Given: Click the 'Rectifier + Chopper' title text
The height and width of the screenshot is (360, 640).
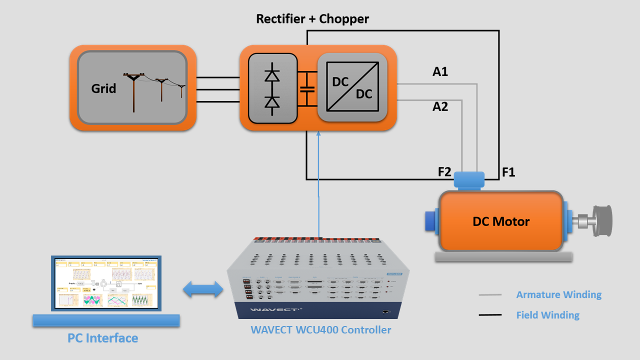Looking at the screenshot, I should (312, 19).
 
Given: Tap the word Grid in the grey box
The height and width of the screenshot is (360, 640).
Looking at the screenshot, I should (103, 88).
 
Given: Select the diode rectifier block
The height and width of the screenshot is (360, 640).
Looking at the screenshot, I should (272, 88).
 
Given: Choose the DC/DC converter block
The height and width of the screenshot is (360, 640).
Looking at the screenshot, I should (352, 87).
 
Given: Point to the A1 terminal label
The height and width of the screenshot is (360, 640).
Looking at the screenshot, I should (440, 72).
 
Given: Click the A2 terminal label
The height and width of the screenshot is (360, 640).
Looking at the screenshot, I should (440, 106).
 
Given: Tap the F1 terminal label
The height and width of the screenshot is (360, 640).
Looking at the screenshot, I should (508, 173).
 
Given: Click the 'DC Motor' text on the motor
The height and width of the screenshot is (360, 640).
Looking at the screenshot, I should (501, 221).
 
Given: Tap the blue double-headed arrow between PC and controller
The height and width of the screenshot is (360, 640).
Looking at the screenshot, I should (203, 289).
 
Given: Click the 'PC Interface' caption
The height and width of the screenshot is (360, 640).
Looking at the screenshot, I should (103, 338).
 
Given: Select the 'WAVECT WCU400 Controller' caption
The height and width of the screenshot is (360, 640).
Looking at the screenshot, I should (320, 330).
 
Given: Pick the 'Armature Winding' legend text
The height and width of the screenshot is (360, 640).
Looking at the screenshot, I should (558, 294).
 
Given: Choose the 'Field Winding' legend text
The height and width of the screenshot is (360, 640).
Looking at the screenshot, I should (547, 315).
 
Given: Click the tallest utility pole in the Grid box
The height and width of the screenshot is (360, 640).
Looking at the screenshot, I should (133, 93).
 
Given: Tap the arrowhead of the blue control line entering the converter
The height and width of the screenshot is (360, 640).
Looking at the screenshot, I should (318, 133).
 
